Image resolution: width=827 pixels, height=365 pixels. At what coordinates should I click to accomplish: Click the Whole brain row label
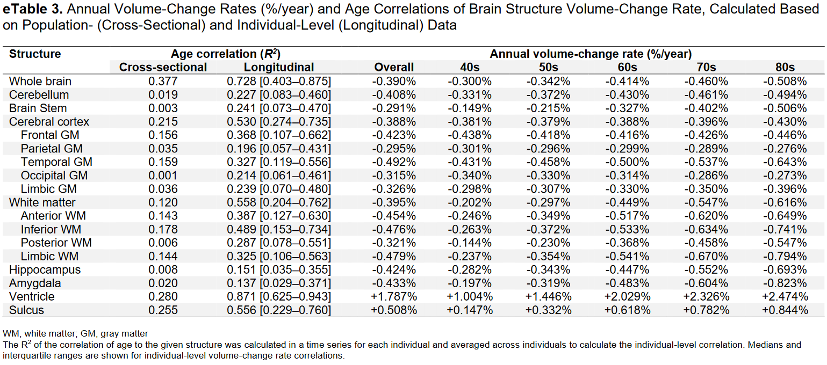pyautogui.click(x=40, y=81)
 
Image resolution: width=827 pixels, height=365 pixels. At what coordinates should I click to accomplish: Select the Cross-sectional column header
pyautogui.click(x=163, y=67)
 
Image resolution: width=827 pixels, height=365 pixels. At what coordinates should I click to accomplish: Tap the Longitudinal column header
pyautogui.click(x=279, y=67)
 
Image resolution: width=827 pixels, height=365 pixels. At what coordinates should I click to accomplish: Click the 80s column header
pyautogui.click(x=785, y=67)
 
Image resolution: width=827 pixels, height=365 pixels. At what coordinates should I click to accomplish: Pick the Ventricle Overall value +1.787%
pyautogui.click(x=394, y=296)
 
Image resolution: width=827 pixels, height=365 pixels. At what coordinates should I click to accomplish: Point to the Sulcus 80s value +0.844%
pyautogui.click(x=785, y=310)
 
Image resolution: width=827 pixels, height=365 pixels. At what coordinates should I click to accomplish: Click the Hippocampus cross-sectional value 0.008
pyautogui.click(x=163, y=269)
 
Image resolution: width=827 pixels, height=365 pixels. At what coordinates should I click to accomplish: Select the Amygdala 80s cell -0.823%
pyautogui.click(x=785, y=283)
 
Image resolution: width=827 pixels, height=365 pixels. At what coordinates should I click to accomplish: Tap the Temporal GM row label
pyautogui.click(x=56, y=162)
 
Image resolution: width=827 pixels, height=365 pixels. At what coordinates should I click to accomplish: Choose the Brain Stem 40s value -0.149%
pyautogui.click(x=470, y=108)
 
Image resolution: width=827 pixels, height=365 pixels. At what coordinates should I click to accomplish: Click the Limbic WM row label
pyautogui.click(x=49, y=256)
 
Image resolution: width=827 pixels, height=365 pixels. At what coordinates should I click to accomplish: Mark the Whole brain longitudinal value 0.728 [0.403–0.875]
pyautogui.click(x=279, y=81)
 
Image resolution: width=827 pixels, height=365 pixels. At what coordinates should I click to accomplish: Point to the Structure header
pyautogui.click(x=35, y=54)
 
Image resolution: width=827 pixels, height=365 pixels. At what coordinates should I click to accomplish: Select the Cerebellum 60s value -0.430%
pyautogui.click(x=627, y=95)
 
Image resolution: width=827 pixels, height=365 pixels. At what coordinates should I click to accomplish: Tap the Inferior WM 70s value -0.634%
pyautogui.click(x=706, y=229)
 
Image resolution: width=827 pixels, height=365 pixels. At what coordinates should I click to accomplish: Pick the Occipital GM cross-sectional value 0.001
pyautogui.click(x=163, y=176)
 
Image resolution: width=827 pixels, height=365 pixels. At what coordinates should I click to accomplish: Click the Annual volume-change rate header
pyautogui.click(x=591, y=54)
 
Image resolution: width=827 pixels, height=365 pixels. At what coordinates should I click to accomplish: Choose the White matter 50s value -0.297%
pyautogui.click(x=548, y=202)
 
